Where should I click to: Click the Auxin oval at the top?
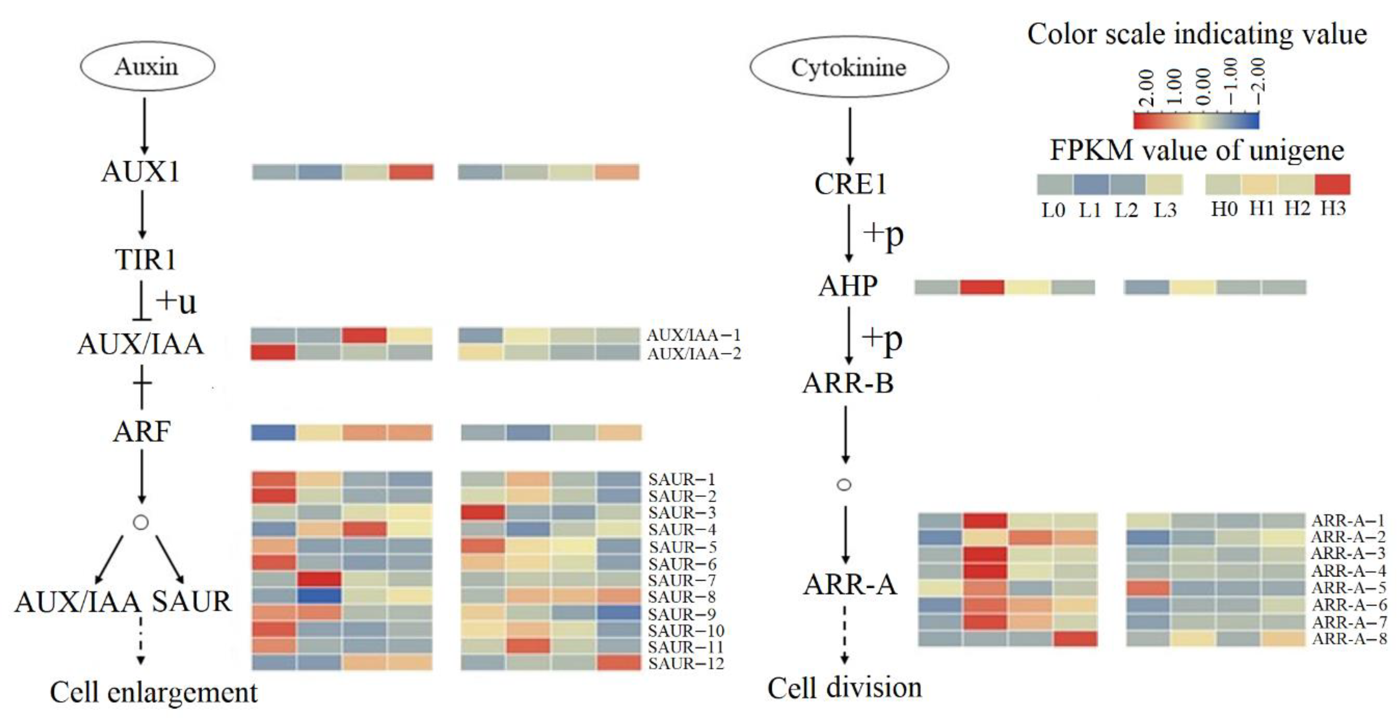point(147,66)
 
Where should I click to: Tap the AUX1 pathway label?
point(140,172)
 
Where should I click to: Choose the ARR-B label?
point(848,383)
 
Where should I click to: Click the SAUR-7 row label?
point(682,580)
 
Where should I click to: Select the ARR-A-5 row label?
point(1349,587)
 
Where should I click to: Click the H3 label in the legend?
point(1333,209)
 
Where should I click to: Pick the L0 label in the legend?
point(1053,209)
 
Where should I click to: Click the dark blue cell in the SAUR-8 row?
point(319,596)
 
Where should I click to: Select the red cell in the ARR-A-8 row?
point(1075,639)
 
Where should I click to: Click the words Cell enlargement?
point(153,693)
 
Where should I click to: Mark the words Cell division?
point(845,688)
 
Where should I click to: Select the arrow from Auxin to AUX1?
point(144,126)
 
